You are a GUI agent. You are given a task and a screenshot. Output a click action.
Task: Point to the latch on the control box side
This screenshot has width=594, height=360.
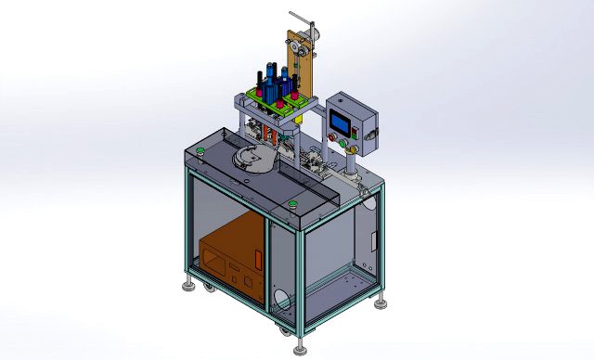(x=374, y=136)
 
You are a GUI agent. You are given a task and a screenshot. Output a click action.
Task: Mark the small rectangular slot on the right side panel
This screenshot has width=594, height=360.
(x=374, y=240)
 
